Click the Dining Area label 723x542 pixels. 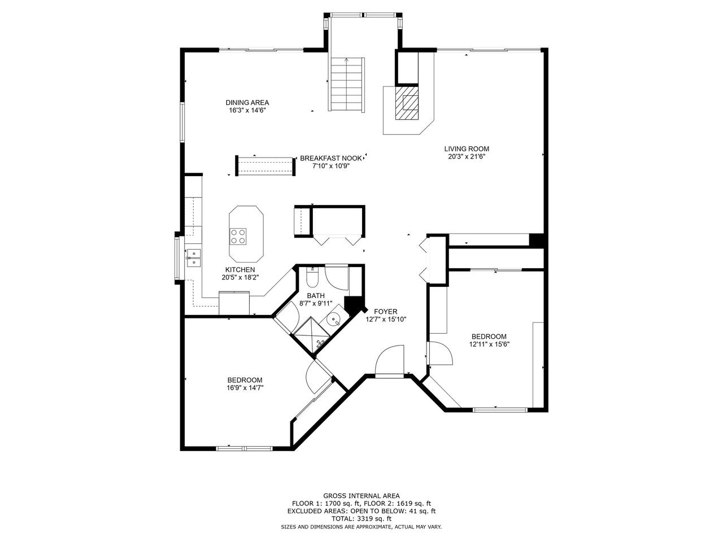click(247, 103)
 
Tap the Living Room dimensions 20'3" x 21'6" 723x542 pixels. click(467, 156)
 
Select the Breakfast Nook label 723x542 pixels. click(330, 158)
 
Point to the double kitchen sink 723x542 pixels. click(194, 257)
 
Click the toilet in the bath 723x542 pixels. click(312, 277)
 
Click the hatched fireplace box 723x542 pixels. click(407, 103)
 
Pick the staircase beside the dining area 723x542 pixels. click(346, 85)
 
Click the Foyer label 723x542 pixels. click(386, 311)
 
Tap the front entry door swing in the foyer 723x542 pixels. click(390, 360)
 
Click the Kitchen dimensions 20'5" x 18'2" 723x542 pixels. click(240, 277)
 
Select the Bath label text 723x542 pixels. click(316, 296)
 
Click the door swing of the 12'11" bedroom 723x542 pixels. click(442, 353)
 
